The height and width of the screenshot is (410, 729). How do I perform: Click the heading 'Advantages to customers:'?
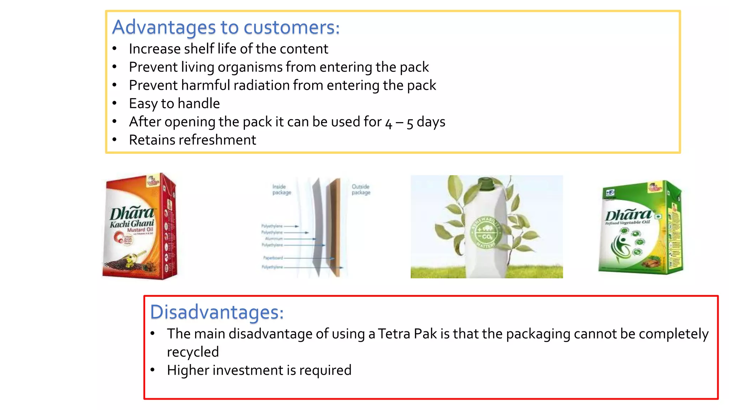(226, 27)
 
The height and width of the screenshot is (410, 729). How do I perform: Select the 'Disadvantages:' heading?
(216, 312)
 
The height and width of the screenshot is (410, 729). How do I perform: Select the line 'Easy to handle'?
(174, 104)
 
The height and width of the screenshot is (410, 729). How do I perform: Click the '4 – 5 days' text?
(415, 122)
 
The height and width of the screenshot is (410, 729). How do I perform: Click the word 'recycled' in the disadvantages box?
(193, 352)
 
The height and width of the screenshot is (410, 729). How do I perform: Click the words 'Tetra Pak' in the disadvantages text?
(407, 334)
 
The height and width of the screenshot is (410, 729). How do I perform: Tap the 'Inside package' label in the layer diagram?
(282, 189)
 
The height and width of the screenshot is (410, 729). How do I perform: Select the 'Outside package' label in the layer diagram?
(361, 189)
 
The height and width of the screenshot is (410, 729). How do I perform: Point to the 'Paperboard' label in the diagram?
(273, 258)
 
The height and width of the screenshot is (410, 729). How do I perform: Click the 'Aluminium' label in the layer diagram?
(274, 238)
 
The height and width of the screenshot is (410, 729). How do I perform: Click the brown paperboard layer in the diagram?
(335, 228)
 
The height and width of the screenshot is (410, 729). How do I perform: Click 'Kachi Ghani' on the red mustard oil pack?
(132, 224)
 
